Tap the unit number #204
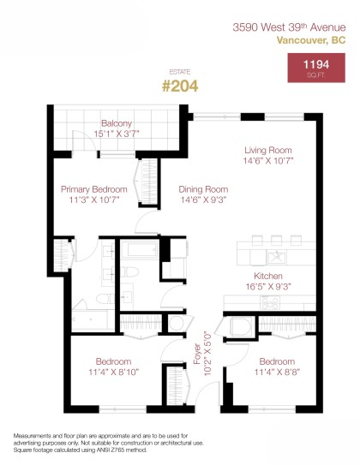point(180,86)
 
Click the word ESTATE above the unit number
point(180,72)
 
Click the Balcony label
point(116,122)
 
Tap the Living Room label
point(268,149)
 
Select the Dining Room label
point(202,189)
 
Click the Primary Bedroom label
point(93,189)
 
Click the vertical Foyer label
point(196,355)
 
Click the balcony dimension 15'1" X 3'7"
point(116,134)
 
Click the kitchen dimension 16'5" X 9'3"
point(268,287)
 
